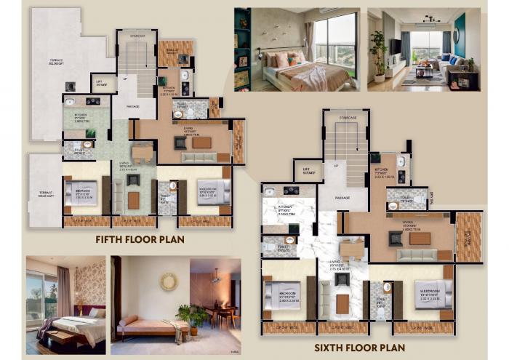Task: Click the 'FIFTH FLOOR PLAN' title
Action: pyautogui.click(x=140, y=239)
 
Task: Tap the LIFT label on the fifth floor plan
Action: pyautogui.click(x=101, y=82)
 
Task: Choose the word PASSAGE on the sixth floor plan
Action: pyautogui.click(x=342, y=197)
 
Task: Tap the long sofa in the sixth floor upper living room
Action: pyautogui.click(x=416, y=255)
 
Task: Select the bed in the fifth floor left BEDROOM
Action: pyautogui.click(x=81, y=193)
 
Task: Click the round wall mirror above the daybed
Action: pyautogui.click(x=168, y=281)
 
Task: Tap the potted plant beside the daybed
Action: pyautogui.click(x=193, y=317)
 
